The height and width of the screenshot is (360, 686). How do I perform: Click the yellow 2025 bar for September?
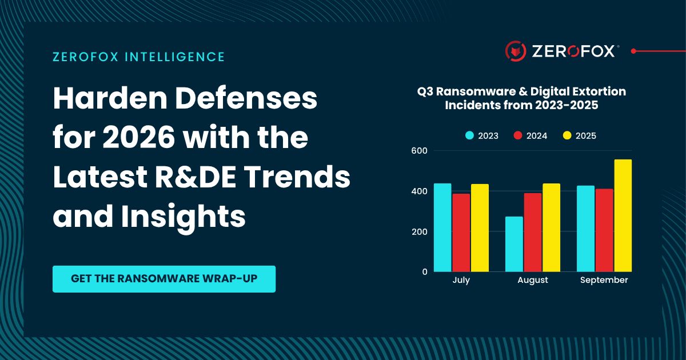tap(623, 215)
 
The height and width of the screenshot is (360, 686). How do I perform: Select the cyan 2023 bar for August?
tap(514, 244)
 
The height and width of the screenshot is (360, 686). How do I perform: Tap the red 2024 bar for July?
tap(461, 233)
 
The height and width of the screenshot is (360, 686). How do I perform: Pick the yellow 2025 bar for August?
tap(551, 227)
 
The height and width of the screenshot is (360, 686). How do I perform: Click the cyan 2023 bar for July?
tap(442, 227)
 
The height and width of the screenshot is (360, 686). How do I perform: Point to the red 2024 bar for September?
tap(604, 230)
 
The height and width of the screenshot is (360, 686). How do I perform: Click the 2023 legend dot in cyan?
tap(469, 135)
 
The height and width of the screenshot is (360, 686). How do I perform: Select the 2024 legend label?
tap(537, 135)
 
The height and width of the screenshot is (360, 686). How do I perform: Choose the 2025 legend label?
tap(586, 135)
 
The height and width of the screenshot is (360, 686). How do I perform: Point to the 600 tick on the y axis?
tap(419, 151)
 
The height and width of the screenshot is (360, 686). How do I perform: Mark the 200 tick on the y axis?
tap(419, 232)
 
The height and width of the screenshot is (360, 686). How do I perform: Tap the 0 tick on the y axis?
tap(425, 272)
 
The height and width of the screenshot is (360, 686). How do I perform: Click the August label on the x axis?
tap(533, 280)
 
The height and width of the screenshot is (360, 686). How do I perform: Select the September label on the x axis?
tap(604, 280)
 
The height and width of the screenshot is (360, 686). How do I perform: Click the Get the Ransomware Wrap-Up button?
tap(164, 279)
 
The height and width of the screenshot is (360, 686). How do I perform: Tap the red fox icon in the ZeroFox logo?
tap(516, 51)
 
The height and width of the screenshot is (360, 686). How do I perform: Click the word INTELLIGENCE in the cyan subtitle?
tap(175, 57)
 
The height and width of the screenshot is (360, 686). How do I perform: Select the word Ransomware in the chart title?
tap(480, 91)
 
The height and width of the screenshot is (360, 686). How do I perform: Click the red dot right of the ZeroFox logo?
tap(633, 51)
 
